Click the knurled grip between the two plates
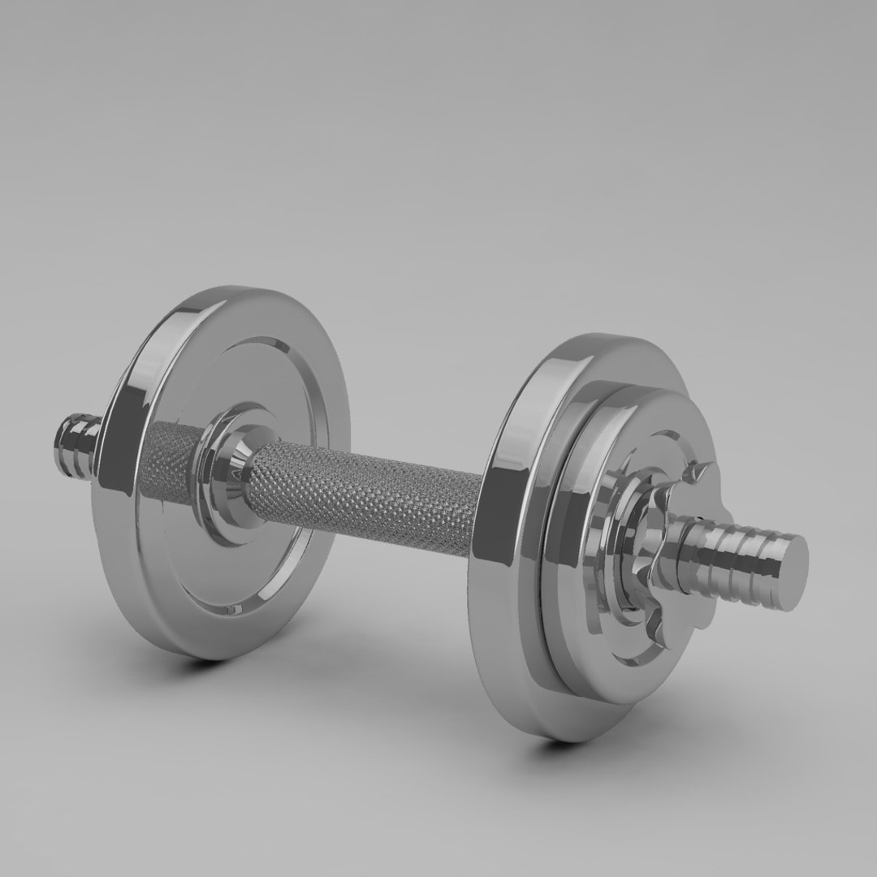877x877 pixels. point(365,495)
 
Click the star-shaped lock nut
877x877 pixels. point(658,552)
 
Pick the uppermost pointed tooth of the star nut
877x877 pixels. point(703,472)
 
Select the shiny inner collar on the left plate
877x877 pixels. point(235,471)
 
